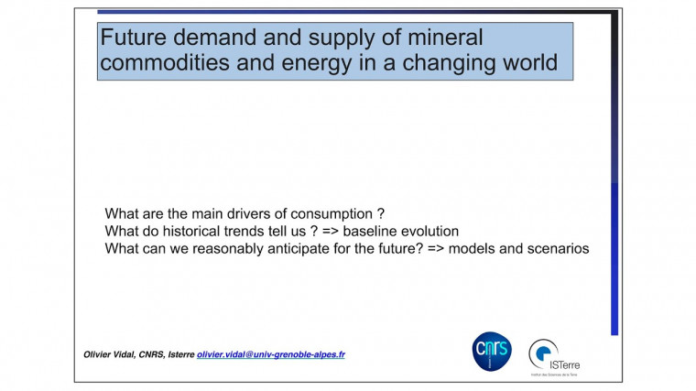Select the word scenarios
[555, 248]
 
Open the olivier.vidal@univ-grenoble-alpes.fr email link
[271, 354]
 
